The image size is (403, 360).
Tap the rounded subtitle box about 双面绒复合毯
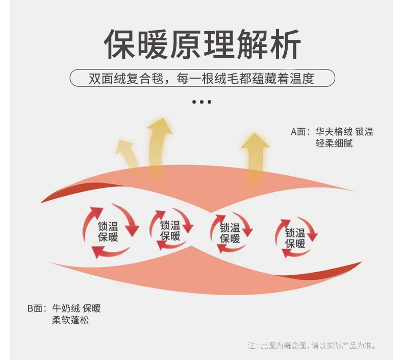pos(202,79)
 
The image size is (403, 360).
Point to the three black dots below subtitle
pos(202,102)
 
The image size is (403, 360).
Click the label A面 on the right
pos(300,132)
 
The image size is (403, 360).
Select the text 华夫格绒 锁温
pos(344,132)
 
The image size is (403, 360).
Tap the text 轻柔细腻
pos(334,143)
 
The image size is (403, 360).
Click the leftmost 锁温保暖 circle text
pos(108,231)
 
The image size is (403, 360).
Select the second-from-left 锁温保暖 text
pos(170,230)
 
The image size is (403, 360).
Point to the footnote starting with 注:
pos(312,346)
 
